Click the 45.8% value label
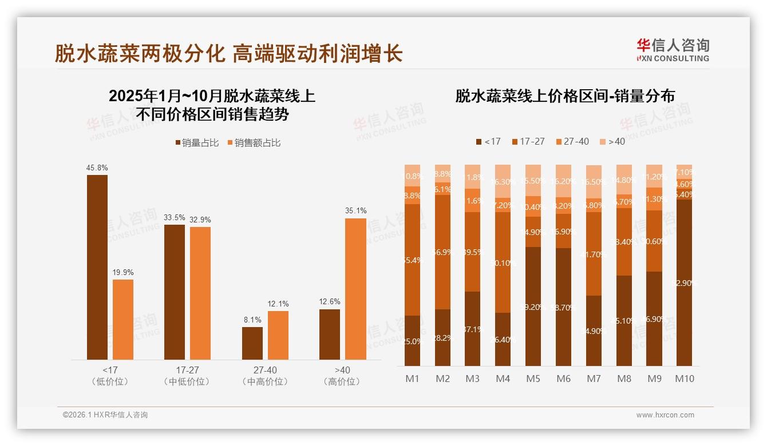point(97,168)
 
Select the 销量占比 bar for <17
point(97,267)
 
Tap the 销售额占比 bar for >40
point(355,289)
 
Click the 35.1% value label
point(355,211)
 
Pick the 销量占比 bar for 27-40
point(252,343)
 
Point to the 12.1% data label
point(278,304)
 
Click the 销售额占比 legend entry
point(254,143)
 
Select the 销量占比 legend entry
point(196,143)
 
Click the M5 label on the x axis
point(533,379)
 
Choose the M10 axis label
point(684,379)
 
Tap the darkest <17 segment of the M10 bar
point(684,283)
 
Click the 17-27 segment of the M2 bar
point(442,252)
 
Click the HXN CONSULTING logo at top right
point(673,50)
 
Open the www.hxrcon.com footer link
point(665,415)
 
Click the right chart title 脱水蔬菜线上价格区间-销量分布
point(565,96)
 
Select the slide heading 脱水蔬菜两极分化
point(140,54)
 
